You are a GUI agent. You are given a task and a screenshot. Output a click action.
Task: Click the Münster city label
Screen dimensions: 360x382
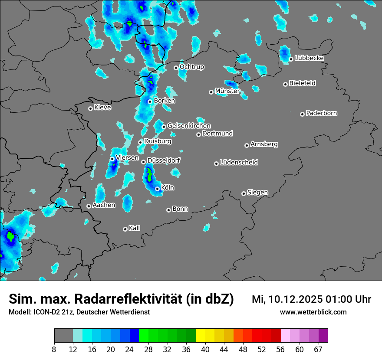[227, 91]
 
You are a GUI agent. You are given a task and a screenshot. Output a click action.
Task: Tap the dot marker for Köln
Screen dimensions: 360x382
[157, 189]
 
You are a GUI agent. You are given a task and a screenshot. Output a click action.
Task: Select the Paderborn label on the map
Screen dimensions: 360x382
[321, 113]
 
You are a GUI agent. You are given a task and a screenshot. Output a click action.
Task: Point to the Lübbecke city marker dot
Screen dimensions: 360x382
[291, 59]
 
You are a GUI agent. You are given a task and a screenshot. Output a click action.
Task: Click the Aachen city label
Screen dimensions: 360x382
[104, 205]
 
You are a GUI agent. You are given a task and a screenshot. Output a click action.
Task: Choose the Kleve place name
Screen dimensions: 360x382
[102, 108]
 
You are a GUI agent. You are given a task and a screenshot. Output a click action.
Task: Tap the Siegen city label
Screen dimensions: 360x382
[257, 193]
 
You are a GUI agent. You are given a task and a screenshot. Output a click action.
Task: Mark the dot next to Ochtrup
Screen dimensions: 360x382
[176, 68]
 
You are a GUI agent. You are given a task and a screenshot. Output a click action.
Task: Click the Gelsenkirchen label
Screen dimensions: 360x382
[189, 126]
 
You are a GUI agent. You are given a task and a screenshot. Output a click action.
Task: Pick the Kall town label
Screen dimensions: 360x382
[134, 228]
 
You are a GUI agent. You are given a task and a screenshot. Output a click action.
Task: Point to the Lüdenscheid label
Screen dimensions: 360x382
[239, 163]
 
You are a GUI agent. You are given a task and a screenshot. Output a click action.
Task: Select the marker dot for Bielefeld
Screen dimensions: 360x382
[285, 84]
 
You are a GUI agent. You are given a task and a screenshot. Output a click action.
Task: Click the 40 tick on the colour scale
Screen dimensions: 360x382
[205, 349]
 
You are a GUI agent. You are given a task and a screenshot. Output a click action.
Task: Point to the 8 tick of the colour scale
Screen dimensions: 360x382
[54, 349]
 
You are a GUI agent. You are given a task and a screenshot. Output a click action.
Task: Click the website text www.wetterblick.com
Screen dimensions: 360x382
[313, 312]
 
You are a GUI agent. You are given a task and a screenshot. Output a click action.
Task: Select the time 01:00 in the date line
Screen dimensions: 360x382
[342, 299]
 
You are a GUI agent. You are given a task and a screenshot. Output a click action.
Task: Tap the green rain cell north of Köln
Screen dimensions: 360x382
[149, 175]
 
